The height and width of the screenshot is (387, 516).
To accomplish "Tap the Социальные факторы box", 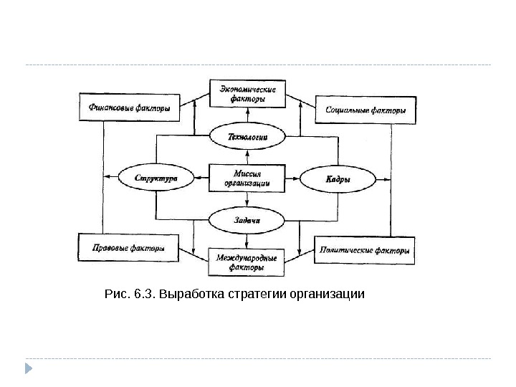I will [365, 110].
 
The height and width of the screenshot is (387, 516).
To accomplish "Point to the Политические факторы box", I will [365, 251].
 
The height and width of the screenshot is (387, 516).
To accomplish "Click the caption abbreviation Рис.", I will [115, 294].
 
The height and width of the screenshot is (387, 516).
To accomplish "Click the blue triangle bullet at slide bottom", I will [29, 369].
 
